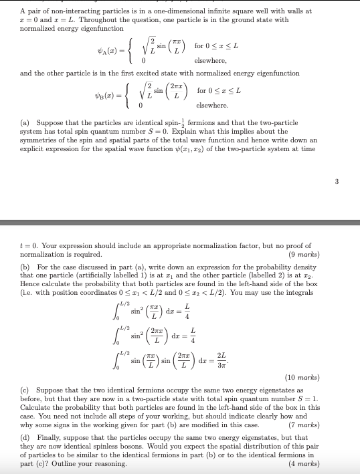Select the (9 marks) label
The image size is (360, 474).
[x=305, y=255]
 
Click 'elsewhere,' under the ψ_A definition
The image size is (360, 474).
[x=212, y=61]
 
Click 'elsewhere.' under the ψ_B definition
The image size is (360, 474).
[x=212, y=106]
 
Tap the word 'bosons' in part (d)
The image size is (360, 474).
[x=133, y=445]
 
